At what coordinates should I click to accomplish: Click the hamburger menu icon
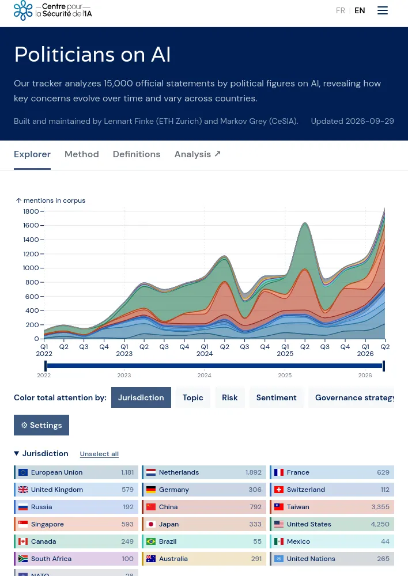click(382, 10)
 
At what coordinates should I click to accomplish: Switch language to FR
click(341, 10)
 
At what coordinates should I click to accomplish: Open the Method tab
click(82, 154)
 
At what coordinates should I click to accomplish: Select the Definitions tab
click(137, 154)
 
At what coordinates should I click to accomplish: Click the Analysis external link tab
click(198, 154)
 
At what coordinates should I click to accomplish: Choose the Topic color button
click(192, 397)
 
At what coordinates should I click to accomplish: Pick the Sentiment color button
click(276, 397)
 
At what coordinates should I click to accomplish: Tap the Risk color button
click(230, 397)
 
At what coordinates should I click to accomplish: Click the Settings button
click(41, 425)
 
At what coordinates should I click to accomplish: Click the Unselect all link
click(99, 454)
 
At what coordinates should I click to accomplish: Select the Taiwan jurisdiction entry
click(332, 507)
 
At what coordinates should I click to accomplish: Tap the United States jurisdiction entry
click(332, 524)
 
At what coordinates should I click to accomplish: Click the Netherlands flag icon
click(151, 472)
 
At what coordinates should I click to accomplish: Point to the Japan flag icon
click(151, 524)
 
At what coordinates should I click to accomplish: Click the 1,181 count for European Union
click(127, 472)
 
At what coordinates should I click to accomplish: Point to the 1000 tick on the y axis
click(31, 268)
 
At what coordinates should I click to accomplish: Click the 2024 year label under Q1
click(205, 354)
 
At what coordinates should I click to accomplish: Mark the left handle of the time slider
click(46, 366)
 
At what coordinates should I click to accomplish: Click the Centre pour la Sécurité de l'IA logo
click(52, 10)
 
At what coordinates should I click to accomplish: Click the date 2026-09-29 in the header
click(371, 121)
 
